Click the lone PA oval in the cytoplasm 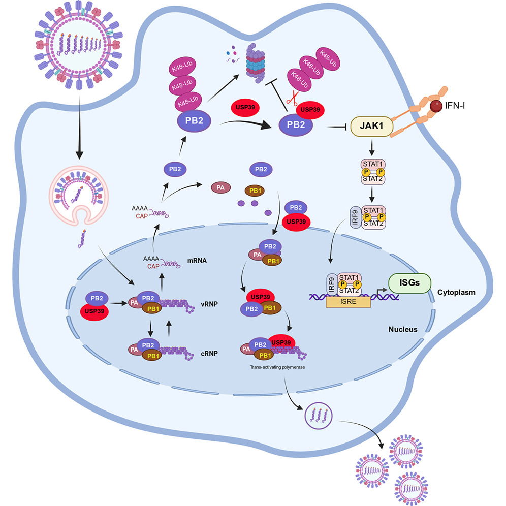coord(221,188)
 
